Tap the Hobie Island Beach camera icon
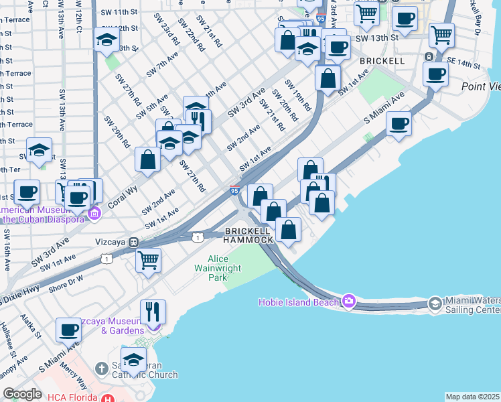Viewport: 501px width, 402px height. [348, 301]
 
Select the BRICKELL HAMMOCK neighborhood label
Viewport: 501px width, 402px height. [248, 234]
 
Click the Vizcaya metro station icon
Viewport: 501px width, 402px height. [134, 242]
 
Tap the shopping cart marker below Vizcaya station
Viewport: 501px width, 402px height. [148, 259]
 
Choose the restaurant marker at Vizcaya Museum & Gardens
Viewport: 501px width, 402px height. [153, 312]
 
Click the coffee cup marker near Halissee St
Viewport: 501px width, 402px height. [69, 330]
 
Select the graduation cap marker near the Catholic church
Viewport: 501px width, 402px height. [133, 360]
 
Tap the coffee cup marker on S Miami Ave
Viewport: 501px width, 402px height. [399, 123]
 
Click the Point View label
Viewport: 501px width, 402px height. [481, 87]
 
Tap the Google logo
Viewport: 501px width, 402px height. [22, 395]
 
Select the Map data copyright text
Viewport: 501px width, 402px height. [473, 397]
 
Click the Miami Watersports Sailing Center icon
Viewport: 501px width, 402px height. [435, 304]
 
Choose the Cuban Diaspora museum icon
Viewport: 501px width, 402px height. [94, 214]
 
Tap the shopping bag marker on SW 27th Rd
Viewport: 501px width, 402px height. [147, 159]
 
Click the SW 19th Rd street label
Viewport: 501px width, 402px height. [298, 96]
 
